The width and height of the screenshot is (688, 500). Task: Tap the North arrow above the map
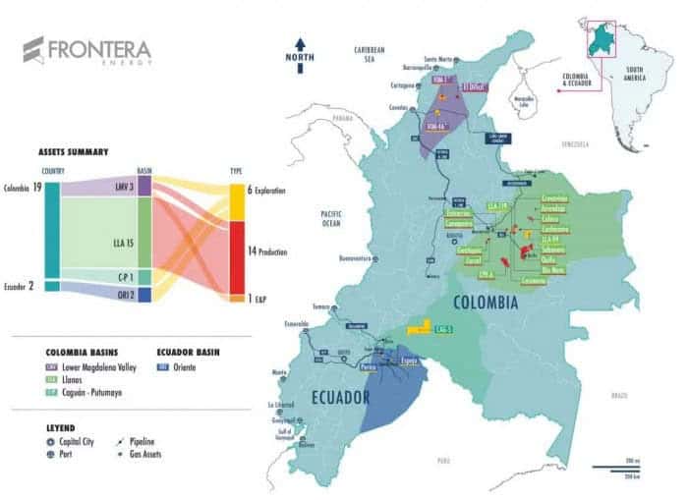coord(301,48)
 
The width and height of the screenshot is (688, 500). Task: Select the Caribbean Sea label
coord(372,53)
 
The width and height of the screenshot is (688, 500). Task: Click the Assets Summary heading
coord(73,153)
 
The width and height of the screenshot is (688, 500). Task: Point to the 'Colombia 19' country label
coord(23,188)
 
